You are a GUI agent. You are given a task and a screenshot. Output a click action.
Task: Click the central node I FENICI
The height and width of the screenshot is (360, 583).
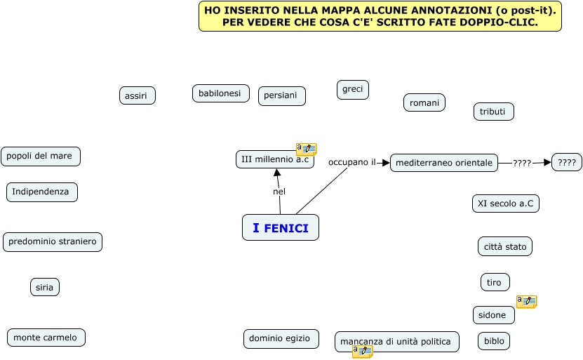[x=281, y=227]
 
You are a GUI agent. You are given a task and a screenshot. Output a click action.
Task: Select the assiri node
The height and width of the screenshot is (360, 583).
[x=137, y=95]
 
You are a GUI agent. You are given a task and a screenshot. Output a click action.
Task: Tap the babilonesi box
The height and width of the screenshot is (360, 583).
[x=220, y=93]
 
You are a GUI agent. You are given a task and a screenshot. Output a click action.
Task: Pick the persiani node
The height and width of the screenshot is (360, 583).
[x=281, y=96]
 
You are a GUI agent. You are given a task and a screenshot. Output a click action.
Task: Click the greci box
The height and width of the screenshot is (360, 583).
[x=352, y=89]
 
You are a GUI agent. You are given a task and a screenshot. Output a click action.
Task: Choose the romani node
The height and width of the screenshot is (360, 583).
[x=424, y=102]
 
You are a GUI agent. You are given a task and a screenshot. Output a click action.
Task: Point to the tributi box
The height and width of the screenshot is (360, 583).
[x=493, y=112]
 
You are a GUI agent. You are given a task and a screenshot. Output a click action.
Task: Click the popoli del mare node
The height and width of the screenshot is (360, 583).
[x=40, y=156]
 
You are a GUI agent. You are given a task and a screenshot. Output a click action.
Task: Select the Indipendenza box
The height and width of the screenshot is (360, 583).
[x=41, y=192]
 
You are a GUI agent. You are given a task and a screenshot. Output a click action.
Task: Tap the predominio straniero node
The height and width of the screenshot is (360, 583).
[x=53, y=242]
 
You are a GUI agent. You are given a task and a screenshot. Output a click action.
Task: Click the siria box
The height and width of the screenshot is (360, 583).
[x=44, y=287]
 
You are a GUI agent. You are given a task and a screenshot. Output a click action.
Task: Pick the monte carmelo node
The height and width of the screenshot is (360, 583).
[x=46, y=338]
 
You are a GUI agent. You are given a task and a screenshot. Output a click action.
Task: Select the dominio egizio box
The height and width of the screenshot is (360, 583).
[x=281, y=338]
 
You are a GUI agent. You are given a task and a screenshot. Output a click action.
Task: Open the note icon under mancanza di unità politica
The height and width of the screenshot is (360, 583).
[x=362, y=352]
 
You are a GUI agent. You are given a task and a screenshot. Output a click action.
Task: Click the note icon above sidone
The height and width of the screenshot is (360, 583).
[x=526, y=302]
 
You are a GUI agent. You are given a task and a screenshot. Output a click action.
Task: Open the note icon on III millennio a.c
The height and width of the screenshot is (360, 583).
[x=306, y=149]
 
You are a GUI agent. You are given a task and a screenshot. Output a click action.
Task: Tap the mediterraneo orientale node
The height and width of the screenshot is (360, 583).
[x=443, y=163]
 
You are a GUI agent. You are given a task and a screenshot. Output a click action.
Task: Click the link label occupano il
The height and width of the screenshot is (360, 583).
[x=352, y=162]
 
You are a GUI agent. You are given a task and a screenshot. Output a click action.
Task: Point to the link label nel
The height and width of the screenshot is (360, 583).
[x=279, y=192]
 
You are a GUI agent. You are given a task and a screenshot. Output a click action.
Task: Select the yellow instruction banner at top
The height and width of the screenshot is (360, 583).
[x=380, y=16]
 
